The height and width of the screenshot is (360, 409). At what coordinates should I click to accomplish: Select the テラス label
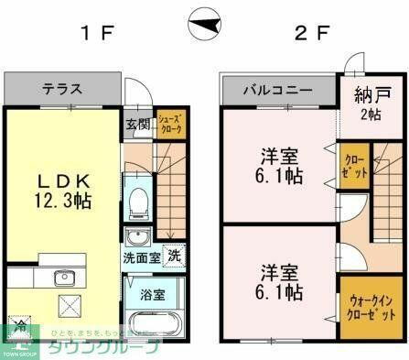pos(62,90)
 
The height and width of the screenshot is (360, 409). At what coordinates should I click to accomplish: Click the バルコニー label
pos(277,91)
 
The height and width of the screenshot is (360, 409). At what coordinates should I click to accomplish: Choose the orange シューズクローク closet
pos(171,124)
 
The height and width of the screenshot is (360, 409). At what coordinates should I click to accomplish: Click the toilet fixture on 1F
pos(138,202)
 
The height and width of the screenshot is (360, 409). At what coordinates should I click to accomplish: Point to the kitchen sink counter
pos(63,278)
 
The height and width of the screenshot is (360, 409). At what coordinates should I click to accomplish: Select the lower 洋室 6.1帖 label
pos(279,282)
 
